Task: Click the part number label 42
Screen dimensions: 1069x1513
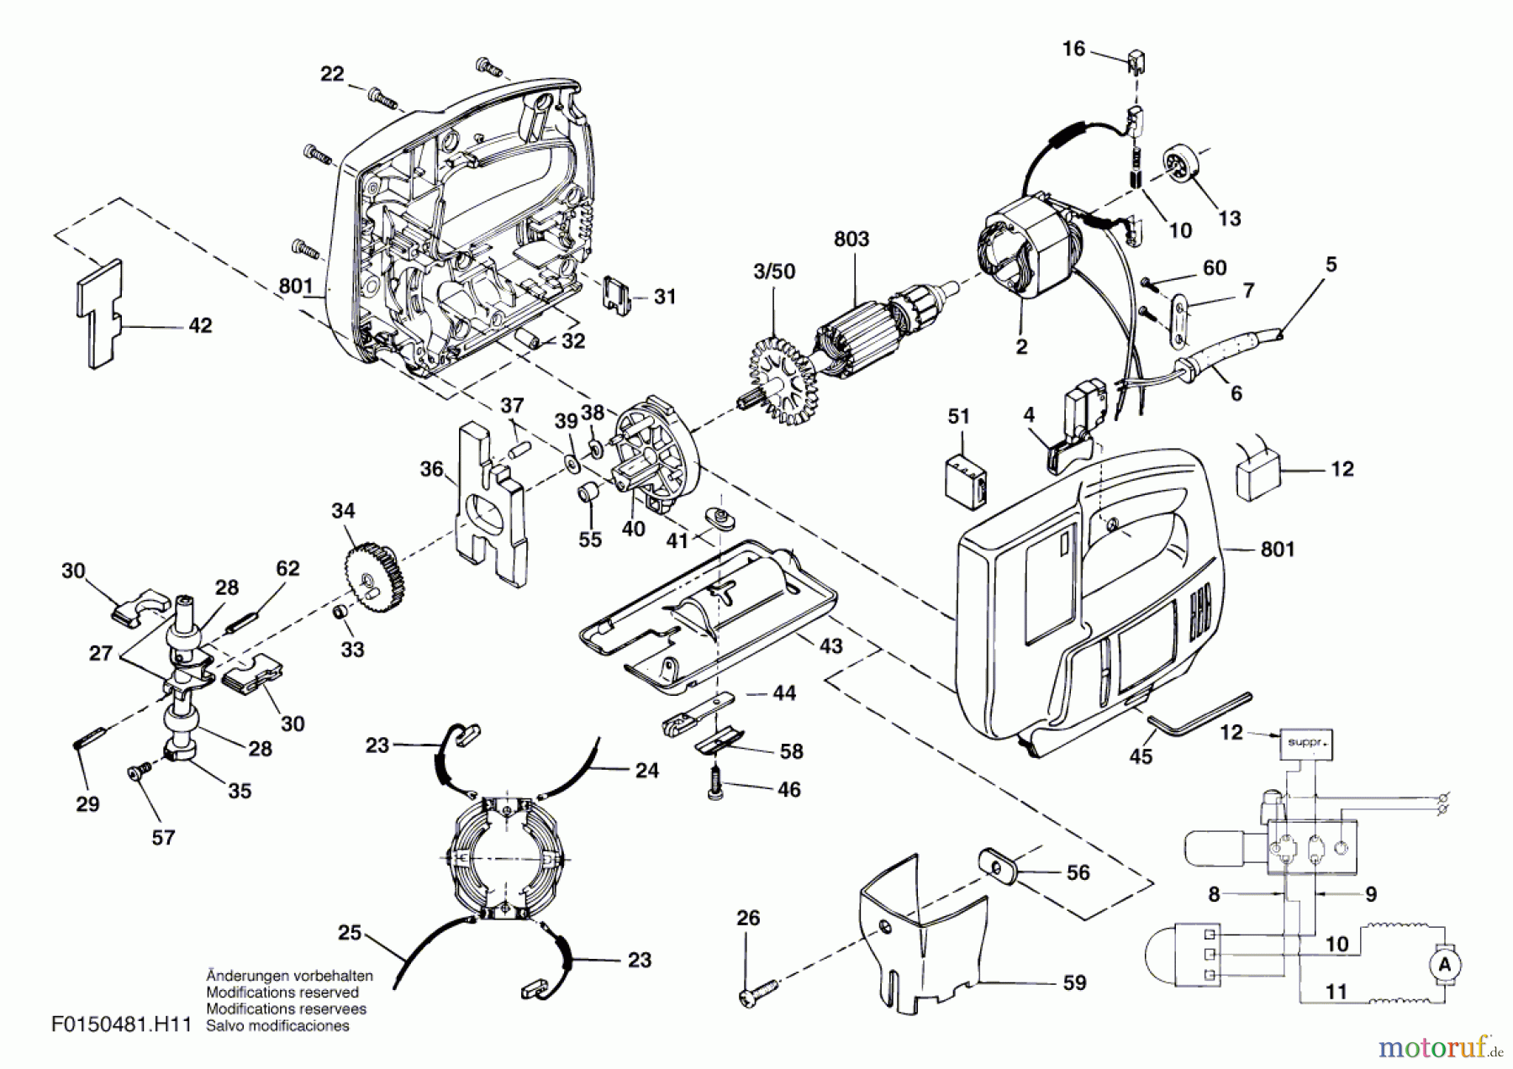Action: click(200, 326)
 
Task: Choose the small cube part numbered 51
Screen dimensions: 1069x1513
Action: click(966, 482)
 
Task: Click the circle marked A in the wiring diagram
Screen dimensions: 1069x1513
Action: click(1444, 965)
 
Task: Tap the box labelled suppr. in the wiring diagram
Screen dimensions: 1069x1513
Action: click(1305, 744)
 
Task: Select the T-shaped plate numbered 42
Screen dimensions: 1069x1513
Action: click(100, 311)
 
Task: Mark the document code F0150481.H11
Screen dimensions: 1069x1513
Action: click(122, 1025)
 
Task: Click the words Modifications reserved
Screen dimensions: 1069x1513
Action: click(282, 993)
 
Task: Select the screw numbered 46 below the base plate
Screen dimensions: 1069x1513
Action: click(717, 786)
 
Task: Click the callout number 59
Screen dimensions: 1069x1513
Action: click(1074, 982)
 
